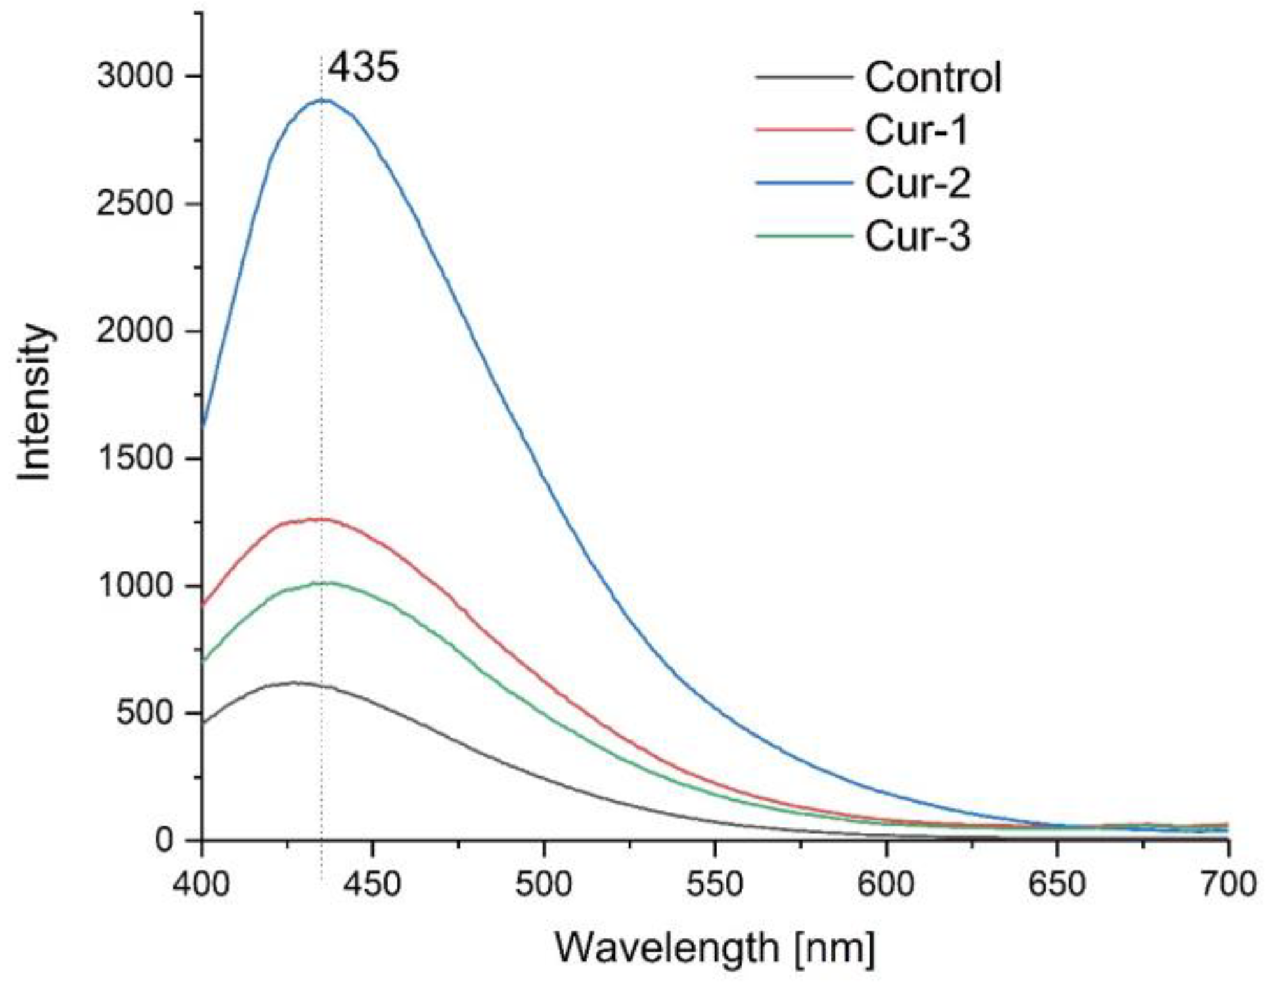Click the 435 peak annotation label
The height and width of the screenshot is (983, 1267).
pyautogui.click(x=363, y=67)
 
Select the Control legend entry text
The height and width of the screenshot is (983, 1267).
pyautogui.click(x=933, y=78)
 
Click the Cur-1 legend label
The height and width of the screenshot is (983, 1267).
pyautogui.click(x=916, y=131)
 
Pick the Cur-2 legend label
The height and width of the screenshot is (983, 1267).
pyautogui.click(x=917, y=184)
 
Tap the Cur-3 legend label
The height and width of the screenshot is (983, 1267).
pyautogui.click(x=917, y=237)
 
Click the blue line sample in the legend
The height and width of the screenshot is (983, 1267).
pyautogui.click(x=805, y=183)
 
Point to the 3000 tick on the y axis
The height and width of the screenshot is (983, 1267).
pyautogui.click(x=135, y=76)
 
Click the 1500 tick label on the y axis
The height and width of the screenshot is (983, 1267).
pyautogui.click(x=135, y=458)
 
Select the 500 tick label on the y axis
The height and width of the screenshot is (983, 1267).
pyautogui.click(x=145, y=713)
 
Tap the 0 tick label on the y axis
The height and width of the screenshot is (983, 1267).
pyautogui.click(x=164, y=840)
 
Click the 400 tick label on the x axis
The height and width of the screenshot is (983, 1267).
pyautogui.click(x=201, y=885)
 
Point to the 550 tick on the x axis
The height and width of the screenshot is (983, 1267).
pyautogui.click(x=715, y=885)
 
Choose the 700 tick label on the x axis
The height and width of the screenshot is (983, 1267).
pyautogui.click(x=1227, y=885)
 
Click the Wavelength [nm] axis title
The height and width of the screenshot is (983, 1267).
pyautogui.click(x=715, y=948)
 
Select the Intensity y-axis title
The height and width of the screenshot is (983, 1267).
pyautogui.click(x=34, y=403)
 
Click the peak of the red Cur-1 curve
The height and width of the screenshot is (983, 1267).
pyautogui.click(x=319, y=520)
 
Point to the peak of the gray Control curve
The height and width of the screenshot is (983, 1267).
pyautogui.click(x=293, y=683)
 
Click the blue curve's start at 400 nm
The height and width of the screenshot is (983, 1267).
pyautogui.click(x=203, y=426)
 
